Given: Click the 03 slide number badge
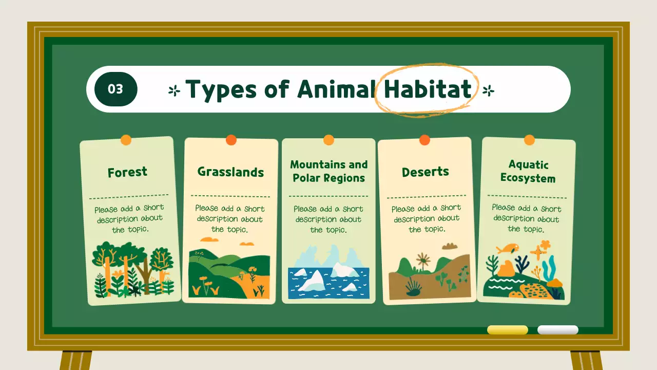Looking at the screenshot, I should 115,89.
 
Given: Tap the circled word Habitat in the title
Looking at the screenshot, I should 427,89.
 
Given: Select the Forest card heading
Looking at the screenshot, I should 127,172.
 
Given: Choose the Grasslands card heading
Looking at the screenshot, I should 230,172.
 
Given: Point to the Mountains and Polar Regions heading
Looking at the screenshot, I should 328,171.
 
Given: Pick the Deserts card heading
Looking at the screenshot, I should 425,172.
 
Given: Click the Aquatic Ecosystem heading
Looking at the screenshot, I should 528,172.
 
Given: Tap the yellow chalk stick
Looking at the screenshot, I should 507,330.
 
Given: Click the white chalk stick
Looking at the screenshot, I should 557,330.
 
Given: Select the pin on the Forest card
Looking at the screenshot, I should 126,140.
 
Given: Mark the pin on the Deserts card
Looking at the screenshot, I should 424,140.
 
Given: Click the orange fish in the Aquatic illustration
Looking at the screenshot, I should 507,248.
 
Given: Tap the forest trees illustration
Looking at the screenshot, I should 133,269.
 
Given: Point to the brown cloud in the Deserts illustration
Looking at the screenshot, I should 450,246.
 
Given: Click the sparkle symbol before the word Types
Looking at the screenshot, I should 175,91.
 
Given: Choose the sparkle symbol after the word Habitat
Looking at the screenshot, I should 488,91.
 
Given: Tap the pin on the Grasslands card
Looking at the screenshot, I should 231,140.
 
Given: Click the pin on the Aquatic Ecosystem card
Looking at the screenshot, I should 529,140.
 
